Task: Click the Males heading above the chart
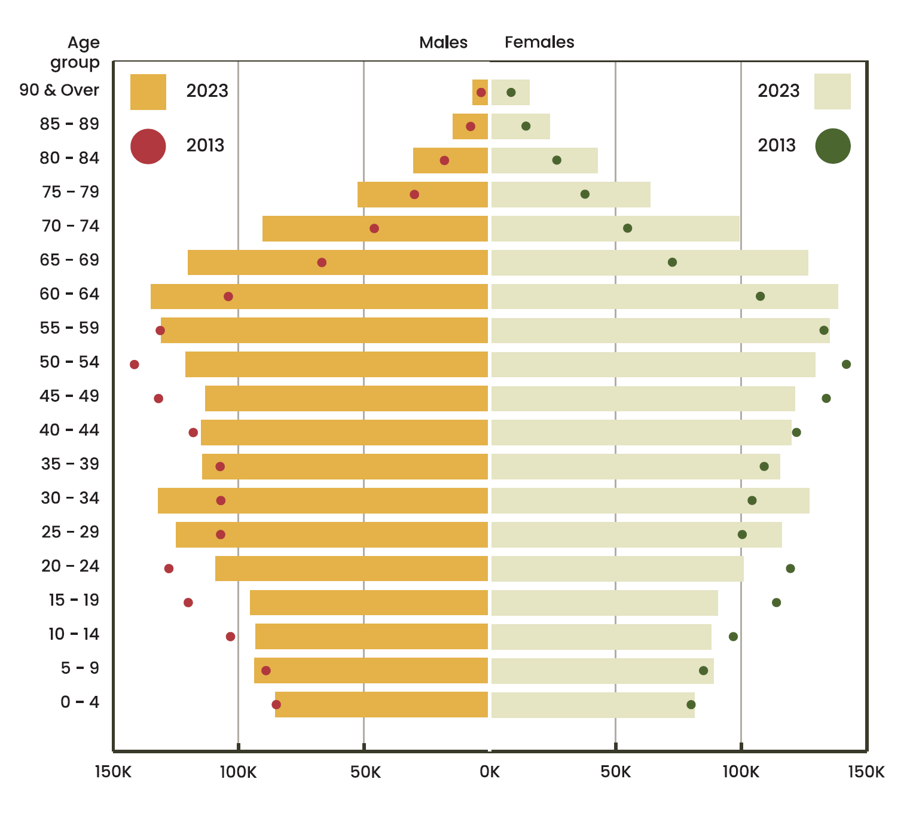443,42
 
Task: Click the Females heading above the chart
539,42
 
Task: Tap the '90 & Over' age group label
59,90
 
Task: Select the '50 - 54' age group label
69,362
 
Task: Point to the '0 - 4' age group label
80,702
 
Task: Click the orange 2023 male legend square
148,92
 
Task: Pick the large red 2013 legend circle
148,146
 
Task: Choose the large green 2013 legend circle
833,146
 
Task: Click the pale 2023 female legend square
832,91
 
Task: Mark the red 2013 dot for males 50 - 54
135,365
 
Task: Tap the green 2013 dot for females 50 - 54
846,365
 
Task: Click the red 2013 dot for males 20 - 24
169,569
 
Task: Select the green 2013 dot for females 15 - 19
776,603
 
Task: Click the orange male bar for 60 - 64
319,297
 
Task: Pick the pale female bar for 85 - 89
520,127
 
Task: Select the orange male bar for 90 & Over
480,93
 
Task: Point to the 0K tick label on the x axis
490,772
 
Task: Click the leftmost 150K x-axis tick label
113,772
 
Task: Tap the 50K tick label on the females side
615,772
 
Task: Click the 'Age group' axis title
75,52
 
